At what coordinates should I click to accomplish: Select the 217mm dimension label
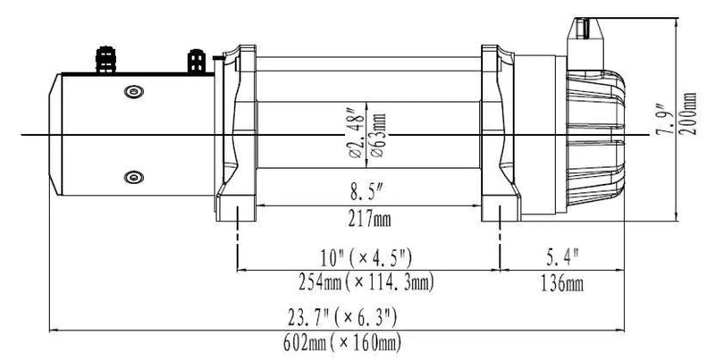(366, 217)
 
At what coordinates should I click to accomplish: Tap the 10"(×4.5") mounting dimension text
(367, 260)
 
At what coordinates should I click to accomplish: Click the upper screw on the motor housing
(133, 89)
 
